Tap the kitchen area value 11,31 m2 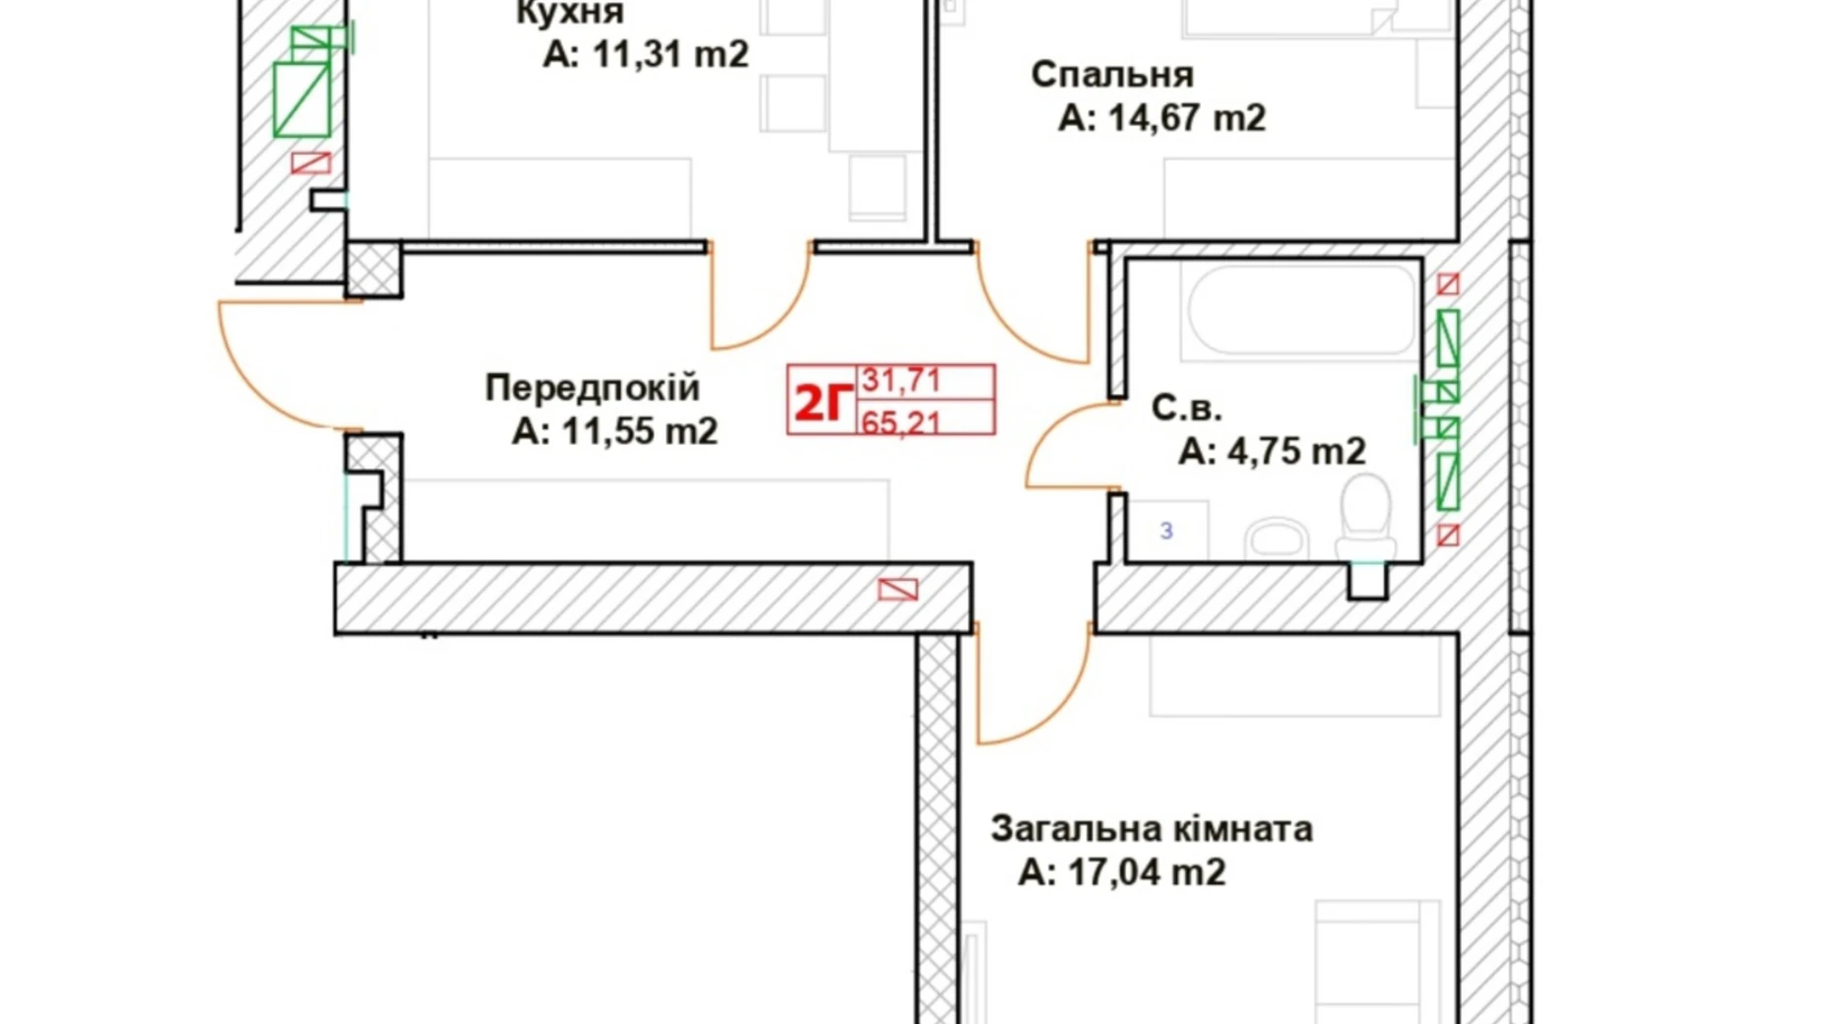tap(669, 55)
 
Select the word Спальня tap(1112, 75)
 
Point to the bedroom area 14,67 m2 tap(1186, 118)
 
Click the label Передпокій tap(592, 388)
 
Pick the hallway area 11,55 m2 tap(639, 431)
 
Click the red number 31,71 tap(902, 379)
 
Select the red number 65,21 tap(902, 422)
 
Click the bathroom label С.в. tap(1186, 408)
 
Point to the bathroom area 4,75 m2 tap(1295, 451)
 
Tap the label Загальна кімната tap(1151, 829)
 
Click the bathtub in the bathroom tap(1302, 308)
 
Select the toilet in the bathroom tap(1365, 516)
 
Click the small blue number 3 tap(1166, 532)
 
